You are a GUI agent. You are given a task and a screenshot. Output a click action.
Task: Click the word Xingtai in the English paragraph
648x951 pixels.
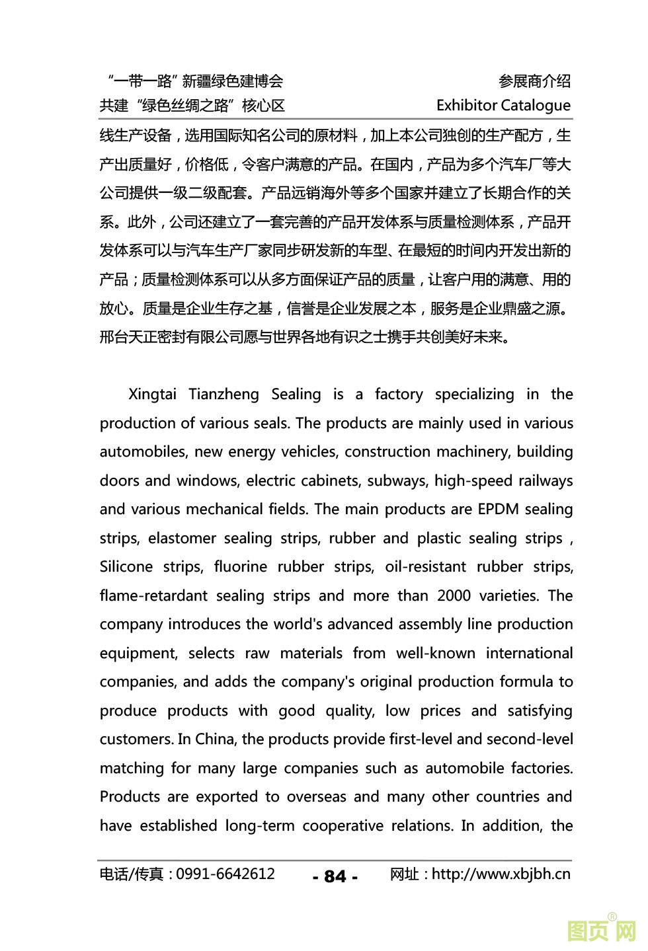click(152, 395)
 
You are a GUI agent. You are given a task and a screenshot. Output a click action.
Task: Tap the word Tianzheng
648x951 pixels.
click(223, 395)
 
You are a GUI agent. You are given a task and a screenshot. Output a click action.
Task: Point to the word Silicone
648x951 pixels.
click(128, 567)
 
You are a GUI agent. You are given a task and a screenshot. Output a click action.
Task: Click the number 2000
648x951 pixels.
click(454, 596)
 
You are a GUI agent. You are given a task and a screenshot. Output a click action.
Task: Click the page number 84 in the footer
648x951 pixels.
click(335, 876)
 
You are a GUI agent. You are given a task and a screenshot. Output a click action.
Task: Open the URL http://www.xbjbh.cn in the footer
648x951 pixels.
click(501, 874)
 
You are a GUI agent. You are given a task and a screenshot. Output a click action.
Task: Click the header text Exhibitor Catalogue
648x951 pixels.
click(503, 106)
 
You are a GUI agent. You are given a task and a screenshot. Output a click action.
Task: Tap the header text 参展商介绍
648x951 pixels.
click(534, 81)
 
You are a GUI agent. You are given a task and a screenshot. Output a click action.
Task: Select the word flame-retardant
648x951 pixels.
click(153, 596)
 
